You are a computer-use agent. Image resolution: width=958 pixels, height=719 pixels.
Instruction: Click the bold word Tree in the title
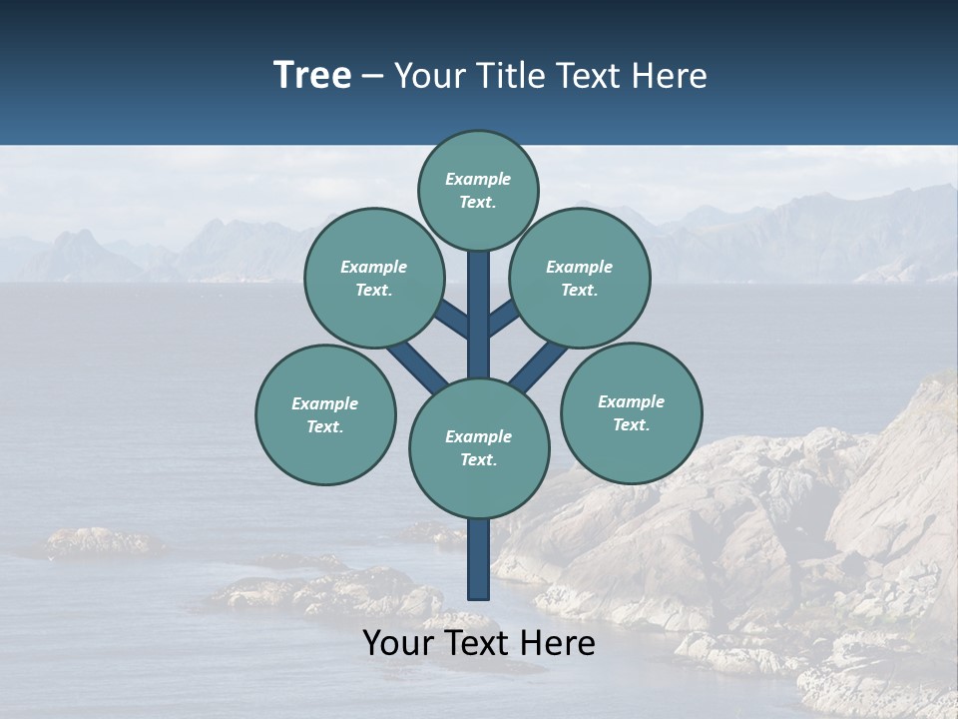pos(312,76)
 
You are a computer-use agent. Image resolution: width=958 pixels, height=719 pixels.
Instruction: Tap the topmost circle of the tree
pos(478,190)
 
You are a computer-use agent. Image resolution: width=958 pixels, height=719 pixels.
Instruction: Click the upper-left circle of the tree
pos(373,278)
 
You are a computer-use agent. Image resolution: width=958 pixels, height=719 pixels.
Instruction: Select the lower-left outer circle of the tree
pos(325,414)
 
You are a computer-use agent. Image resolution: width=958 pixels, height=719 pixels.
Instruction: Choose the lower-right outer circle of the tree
pos(631,412)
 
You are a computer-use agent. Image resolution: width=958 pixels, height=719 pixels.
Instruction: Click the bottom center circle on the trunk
pos(479,447)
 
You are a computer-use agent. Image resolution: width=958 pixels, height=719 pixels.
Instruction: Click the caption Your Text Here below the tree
pos(479,643)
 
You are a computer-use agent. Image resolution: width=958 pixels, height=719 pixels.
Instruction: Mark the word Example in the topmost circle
pos(478,179)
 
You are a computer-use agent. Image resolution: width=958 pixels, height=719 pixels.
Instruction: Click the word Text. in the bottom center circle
pos(478,459)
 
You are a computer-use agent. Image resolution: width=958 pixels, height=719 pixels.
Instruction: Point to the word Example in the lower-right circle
pos(631,401)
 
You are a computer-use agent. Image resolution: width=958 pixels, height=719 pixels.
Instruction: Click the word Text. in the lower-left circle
pos(324,426)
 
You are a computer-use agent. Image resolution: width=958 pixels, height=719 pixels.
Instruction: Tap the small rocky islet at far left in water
pos(100,542)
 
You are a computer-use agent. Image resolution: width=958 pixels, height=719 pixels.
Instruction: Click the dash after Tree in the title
pos(372,76)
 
